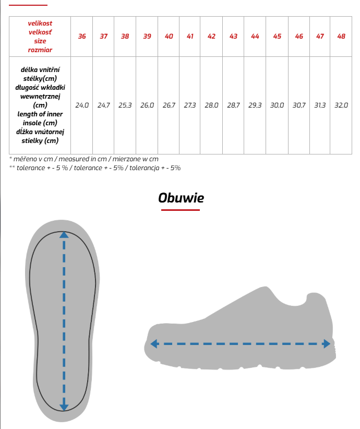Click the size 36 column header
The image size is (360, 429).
[x=82, y=37]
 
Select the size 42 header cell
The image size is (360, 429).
[x=211, y=37]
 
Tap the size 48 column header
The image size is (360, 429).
[x=341, y=37]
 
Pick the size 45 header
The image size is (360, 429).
[x=277, y=37]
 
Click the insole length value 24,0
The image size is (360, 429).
[x=82, y=105]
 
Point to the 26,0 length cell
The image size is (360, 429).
[x=147, y=105]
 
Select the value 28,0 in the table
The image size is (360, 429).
[x=211, y=105]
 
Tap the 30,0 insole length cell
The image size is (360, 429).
[x=277, y=105]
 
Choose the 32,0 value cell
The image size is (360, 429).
[x=341, y=105]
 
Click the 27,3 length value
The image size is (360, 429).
[x=190, y=105]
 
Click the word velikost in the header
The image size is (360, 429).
[x=40, y=23]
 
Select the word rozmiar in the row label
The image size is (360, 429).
[x=40, y=50]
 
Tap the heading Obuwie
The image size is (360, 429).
[x=181, y=198]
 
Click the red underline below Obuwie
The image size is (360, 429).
[x=181, y=210]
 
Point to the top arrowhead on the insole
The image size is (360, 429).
[x=64, y=235]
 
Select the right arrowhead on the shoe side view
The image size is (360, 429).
[x=327, y=344]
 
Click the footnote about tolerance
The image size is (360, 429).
[x=95, y=168]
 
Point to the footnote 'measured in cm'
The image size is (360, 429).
[x=83, y=159]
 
